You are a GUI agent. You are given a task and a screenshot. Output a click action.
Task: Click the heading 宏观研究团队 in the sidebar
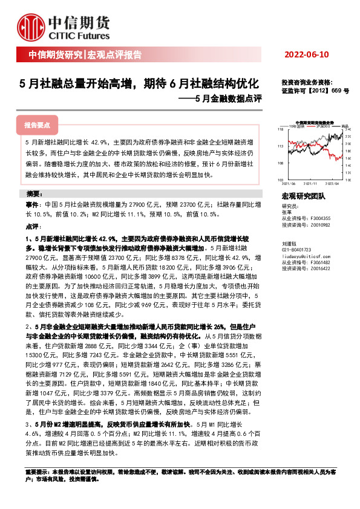[x=303, y=196]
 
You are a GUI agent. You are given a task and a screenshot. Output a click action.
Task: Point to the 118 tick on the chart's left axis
[x=280, y=129]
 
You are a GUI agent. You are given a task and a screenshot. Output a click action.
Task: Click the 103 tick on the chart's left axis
[x=280, y=180]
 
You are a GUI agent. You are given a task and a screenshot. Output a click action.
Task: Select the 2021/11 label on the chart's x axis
[x=310, y=184]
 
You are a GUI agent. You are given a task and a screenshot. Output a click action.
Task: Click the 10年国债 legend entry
[x=297, y=126]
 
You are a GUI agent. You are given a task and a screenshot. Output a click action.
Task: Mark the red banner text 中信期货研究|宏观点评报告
[x=85, y=55]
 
